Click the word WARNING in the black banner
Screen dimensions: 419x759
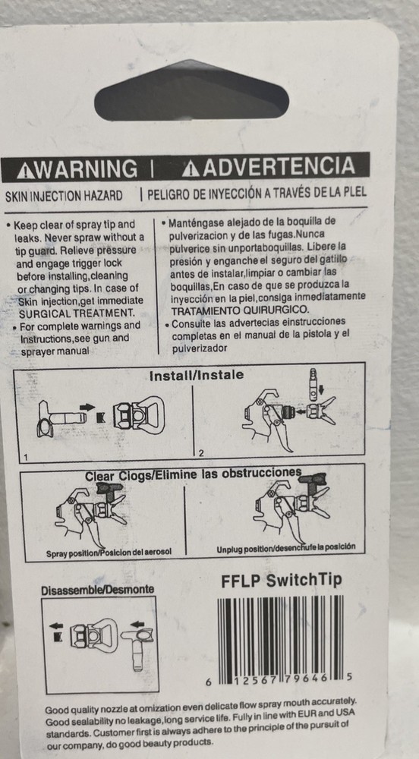pos(85,169)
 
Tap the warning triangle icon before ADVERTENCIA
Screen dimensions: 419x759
pos(191,168)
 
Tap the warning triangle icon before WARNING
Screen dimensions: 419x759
pos(25,171)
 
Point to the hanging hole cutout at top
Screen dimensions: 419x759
pos(191,90)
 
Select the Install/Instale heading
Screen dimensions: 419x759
pos(197,375)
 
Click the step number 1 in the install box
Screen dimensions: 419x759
pos(26,456)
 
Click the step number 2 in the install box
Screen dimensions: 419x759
pos(201,453)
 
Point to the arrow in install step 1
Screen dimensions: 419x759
pos(87,407)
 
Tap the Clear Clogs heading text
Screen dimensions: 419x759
pos(194,474)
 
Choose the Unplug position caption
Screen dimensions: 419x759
pos(286,547)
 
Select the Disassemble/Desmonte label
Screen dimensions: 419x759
pos(98,590)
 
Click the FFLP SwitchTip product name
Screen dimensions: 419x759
pos(282,581)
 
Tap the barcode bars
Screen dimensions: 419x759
pos(281,638)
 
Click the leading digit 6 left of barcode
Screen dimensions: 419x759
pos(209,682)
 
